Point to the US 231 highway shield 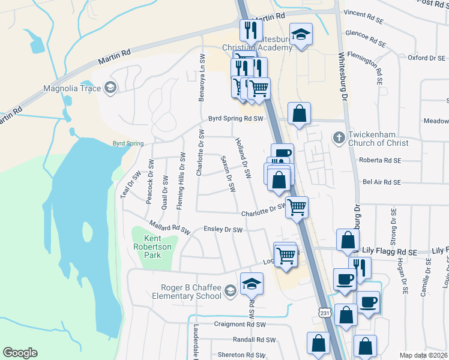(324, 313)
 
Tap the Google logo (20, 353)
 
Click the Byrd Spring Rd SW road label (236, 119)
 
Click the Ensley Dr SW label (223, 229)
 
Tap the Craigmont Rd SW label (240, 324)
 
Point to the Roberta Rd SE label (379, 160)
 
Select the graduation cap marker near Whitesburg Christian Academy (301, 35)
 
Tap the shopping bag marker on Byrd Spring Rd (299, 113)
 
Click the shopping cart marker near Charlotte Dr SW (297, 207)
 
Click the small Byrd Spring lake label (128, 143)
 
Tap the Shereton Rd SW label (241, 355)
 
